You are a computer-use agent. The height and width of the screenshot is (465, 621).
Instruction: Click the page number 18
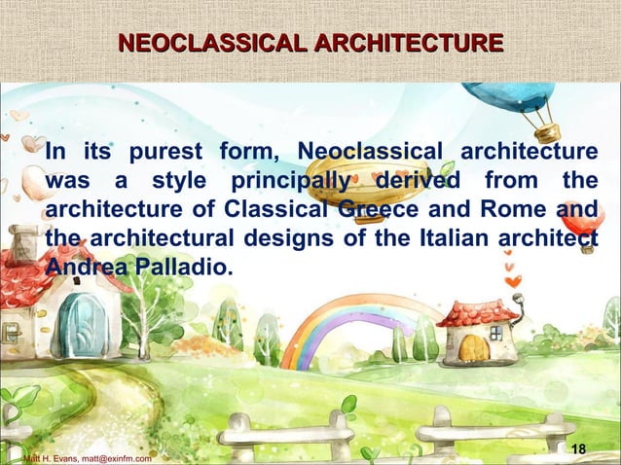[580, 448]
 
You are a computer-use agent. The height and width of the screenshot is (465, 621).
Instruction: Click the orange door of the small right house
[474, 347]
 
